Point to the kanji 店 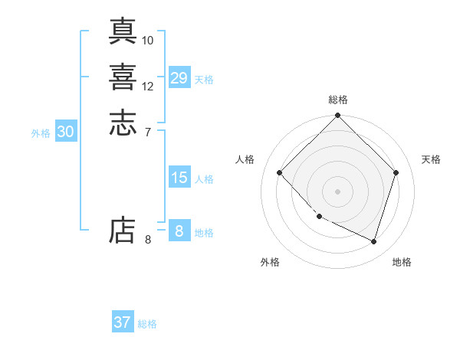[123, 230]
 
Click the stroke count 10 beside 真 [148, 40]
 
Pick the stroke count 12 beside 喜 [148, 87]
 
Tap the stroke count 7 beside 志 [148, 133]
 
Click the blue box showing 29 [179, 78]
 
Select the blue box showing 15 [179, 178]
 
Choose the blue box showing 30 [65, 132]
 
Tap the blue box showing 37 [123, 322]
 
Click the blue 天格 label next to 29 [204, 80]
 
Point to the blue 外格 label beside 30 [41, 133]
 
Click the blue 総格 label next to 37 [147, 324]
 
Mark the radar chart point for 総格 [337, 116]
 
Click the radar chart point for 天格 [396, 172]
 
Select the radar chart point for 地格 [373, 241]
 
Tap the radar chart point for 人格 [279, 172]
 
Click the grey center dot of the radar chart [337, 191]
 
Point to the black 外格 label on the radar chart [270, 262]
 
